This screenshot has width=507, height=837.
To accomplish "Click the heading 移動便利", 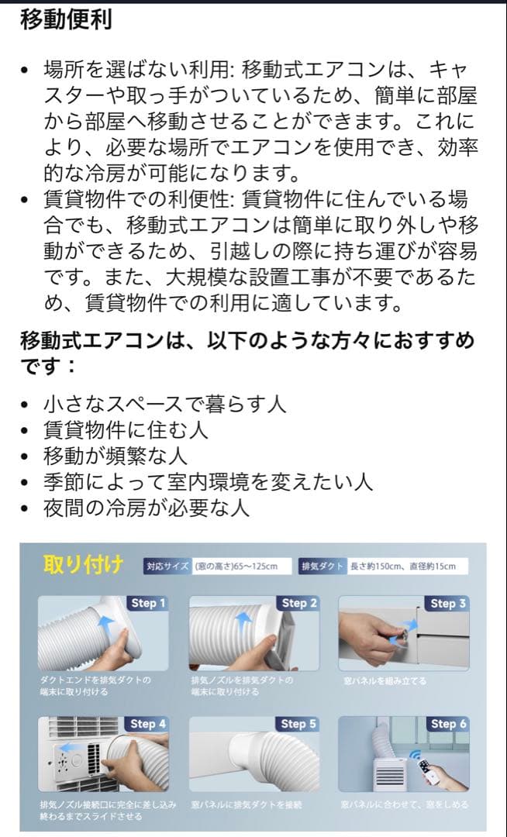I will point(66,19).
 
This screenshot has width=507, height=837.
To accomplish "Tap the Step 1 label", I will point(148,603).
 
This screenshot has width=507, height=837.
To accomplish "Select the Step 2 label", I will point(298,603).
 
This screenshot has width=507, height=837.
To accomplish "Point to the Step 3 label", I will point(448,603).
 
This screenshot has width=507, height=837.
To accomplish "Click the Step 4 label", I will point(148,724).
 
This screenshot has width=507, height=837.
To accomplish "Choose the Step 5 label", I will point(298,724).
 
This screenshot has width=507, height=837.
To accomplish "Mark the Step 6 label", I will point(448,724).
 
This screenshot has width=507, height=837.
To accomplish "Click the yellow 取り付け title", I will point(83,565).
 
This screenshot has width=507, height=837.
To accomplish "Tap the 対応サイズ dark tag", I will point(167,567).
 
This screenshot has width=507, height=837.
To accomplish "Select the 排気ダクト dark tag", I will point(322,567).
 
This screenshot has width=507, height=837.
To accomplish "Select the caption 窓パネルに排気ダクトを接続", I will point(247,805).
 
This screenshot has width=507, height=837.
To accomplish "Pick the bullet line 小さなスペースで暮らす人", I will point(164,404).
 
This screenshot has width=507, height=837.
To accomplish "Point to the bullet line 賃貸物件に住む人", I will point(126,429).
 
